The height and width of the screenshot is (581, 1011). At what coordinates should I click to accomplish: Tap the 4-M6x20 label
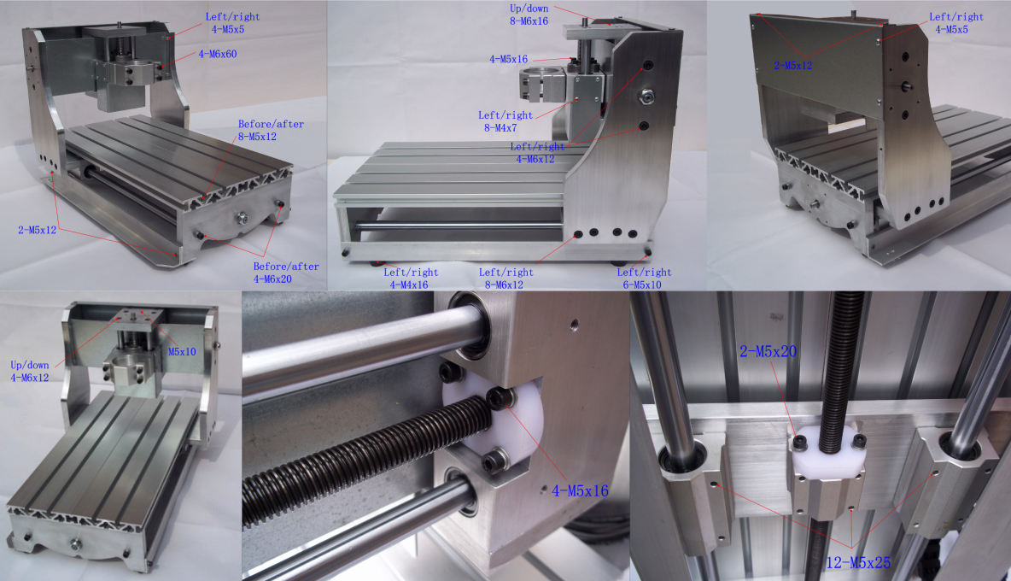[x=285, y=279]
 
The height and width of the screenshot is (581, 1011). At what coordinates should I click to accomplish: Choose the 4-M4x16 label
[x=409, y=285]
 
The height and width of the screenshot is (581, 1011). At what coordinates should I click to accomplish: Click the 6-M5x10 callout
[x=644, y=285]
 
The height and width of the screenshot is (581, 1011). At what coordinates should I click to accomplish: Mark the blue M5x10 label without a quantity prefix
[x=182, y=351]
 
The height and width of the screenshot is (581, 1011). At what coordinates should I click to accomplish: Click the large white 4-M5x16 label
[x=581, y=491]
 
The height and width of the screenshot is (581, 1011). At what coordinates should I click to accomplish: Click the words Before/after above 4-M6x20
[x=285, y=267]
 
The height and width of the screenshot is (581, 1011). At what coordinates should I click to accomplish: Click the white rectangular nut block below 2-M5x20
[x=827, y=461]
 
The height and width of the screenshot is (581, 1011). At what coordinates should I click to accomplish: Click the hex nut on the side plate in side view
[x=646, y=97]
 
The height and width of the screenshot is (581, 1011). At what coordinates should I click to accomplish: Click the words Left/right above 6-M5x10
[x=644, y=273]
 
